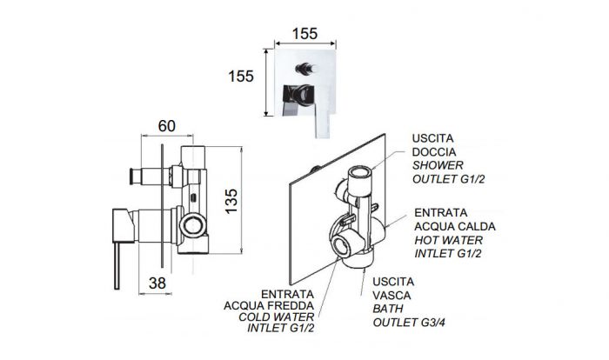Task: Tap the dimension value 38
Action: pos(157,282)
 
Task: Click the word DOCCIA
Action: pos(432,152)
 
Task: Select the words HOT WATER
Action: pos(448,239)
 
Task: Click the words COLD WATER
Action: pos(275,318)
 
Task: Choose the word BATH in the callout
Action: pos(388,310)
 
